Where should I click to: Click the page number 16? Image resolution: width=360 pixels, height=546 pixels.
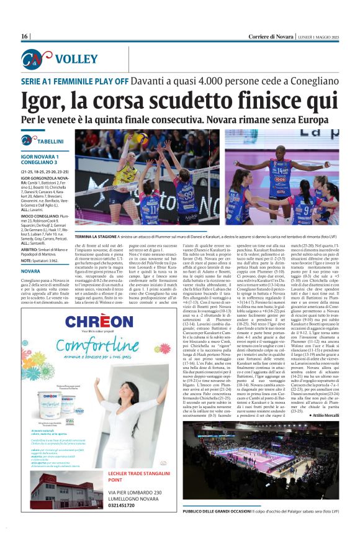[24, 37]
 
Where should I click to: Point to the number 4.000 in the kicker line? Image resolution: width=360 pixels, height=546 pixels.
[219, 81]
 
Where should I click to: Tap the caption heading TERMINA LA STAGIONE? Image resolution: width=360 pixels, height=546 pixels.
[101, 236]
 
